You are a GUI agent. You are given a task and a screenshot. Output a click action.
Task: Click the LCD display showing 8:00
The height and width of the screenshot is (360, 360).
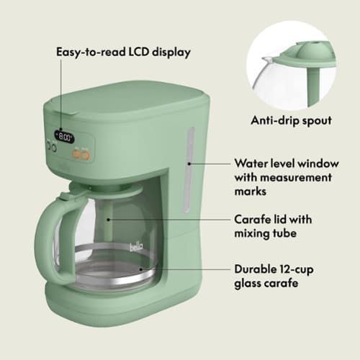(x=64, y=137)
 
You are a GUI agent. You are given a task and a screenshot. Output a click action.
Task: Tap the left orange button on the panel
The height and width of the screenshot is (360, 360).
(x=76, y=153)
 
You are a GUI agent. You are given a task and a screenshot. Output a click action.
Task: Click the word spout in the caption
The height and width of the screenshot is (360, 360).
(x=317, y=121)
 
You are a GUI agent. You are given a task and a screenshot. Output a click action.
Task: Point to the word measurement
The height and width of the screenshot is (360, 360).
(x=296, y=178)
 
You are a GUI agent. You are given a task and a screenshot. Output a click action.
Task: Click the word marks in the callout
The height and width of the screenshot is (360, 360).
(x=251, y=192)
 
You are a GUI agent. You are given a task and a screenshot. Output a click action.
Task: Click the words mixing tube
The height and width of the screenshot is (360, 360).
(x=266, y=233)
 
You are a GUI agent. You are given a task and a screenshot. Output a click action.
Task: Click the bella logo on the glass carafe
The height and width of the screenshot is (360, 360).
(x=136, y=247)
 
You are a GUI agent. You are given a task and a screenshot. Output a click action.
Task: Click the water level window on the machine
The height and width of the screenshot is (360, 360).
(x=190, y=169)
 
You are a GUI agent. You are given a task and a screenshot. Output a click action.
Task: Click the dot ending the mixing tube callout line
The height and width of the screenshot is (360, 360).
(x=109, y=220)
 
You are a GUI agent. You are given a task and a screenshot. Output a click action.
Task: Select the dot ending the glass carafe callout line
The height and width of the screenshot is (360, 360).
(x=141, y=269)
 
